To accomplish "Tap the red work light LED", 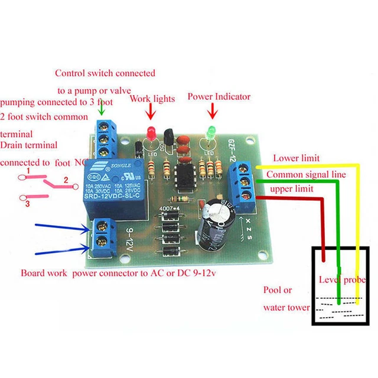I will [x=151, y=133].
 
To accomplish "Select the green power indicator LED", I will [x=209, y=132].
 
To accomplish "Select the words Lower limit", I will [x=296, y=158].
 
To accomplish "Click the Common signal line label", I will [x=302, y=175].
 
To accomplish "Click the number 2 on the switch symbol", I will [x=66, y=180].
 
